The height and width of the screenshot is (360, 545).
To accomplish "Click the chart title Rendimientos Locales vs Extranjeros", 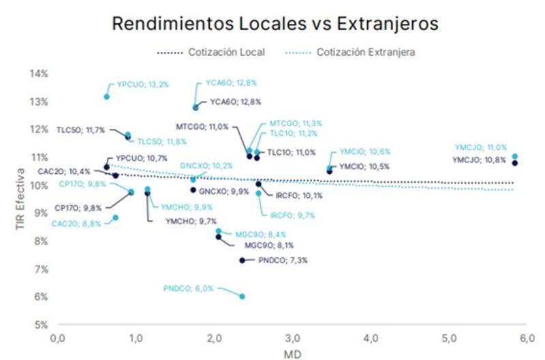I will (x=275, y=23).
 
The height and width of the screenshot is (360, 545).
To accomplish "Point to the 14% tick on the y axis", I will (x=38, y=74).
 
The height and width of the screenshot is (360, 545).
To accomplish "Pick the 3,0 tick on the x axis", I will (x=292, y=337).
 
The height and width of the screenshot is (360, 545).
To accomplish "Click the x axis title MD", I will (x=291, y=353).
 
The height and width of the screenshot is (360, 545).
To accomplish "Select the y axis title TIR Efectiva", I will (x=22, y=198).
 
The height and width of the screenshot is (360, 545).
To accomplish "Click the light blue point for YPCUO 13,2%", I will (x=107, y=97).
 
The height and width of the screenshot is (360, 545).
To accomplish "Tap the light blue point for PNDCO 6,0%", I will (x=242, y=297).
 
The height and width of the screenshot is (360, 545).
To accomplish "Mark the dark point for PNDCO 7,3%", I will (x=242, y=260).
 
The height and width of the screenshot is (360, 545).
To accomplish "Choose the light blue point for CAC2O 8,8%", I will (x=116, y=217).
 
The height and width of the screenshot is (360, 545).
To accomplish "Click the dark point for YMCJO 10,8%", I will (x=515, y=162).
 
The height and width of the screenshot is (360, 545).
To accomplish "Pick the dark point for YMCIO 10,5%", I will (x=330, y=171).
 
